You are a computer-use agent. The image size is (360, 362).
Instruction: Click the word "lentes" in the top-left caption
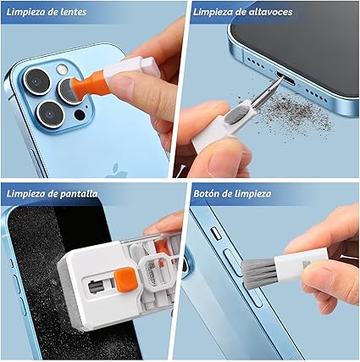74,12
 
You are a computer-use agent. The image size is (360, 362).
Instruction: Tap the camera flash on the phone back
62,70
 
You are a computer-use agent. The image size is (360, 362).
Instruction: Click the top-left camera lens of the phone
37,81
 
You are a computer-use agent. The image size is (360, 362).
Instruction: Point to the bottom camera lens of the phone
50,114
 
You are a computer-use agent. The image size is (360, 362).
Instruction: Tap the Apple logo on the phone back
117,171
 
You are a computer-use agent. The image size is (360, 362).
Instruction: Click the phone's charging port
285,79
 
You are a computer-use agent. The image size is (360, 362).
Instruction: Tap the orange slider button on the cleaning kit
125,280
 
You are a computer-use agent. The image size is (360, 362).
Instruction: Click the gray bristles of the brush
258,273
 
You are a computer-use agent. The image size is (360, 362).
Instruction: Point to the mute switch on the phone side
216,234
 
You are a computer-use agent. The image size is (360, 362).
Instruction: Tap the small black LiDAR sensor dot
80,114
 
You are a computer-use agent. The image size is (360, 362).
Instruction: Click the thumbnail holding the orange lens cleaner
121,85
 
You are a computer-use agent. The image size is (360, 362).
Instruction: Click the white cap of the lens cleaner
131,67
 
